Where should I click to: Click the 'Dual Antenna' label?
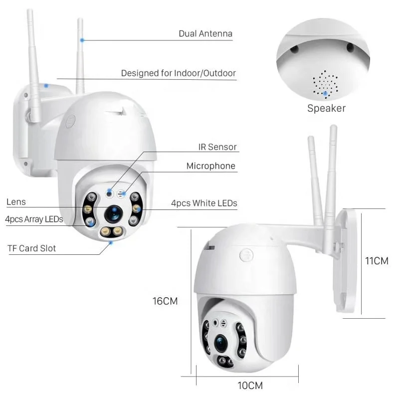point(205,34)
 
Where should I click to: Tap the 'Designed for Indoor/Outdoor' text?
point(178,73)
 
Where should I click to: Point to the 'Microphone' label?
point(210,166)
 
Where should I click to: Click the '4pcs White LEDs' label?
point(203,203)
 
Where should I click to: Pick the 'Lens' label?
point(16,202)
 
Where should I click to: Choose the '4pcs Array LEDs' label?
point(34,219)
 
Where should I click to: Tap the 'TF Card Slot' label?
point(31,248)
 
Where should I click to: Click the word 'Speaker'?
point(326,108)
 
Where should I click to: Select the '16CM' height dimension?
point(165,301)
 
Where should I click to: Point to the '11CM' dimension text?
point(377,261)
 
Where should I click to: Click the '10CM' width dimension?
point(249,385)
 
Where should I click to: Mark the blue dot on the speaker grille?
point(326,93)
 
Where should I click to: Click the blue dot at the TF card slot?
point(111,243)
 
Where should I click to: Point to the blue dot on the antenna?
point(82,39)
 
